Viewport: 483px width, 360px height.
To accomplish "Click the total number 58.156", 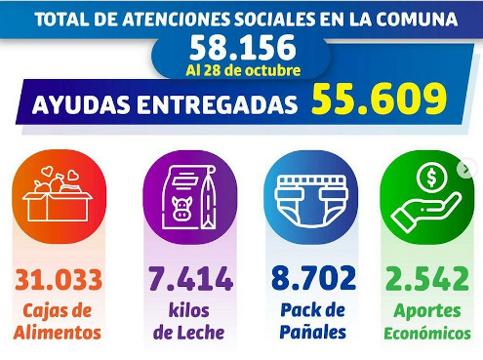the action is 243,48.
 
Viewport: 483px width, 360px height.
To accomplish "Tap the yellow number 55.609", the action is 380,99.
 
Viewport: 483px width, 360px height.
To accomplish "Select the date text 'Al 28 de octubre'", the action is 243,70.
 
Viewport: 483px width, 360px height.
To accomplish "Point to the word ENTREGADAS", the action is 218,104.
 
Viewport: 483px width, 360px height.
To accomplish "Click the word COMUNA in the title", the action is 417,20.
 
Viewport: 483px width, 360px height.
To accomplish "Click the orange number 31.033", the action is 59,280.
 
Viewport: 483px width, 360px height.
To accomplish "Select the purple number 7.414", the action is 190,278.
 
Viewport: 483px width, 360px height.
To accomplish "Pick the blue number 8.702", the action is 314,278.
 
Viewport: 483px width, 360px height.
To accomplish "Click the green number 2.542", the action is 427,278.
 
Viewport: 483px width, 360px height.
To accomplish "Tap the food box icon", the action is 58,194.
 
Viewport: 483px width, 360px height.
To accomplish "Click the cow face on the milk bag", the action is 181,208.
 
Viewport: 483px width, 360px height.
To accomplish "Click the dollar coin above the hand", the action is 431,178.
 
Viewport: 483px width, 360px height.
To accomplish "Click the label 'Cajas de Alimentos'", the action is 58,322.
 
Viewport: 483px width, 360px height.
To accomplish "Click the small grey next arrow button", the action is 465,170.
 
